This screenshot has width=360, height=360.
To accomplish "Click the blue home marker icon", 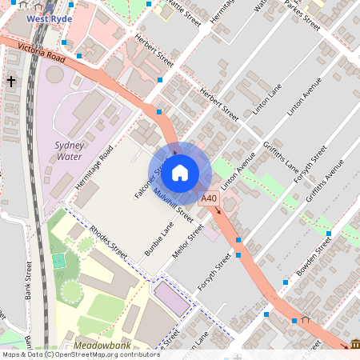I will [x=180, y=173].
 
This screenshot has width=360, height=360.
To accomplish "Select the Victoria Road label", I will [x=42, y=54].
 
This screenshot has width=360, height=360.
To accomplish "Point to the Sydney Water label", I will [x=69, y=150].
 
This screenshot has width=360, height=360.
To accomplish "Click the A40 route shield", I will [x=210, y=198].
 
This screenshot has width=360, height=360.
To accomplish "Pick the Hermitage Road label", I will [x=95, y=168].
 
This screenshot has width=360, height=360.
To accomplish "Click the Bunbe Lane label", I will [x=159, y=241].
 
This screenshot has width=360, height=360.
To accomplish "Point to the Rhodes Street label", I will [x=109, y=241].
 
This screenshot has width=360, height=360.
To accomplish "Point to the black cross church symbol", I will [x=11, y=82].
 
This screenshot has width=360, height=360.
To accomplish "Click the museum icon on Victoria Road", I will [x=354, y=344].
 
